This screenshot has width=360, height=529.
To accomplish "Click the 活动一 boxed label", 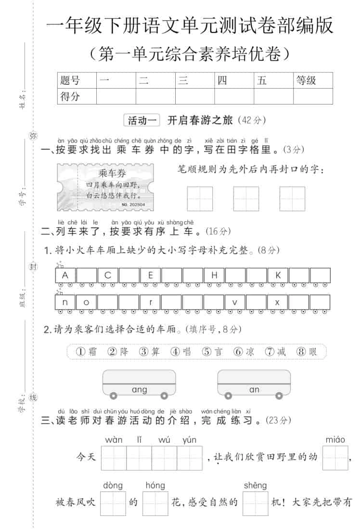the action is pyautogui.click(x=142, y=121).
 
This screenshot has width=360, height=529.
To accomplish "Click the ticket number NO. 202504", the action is pyautogui.click(x=133, y=205).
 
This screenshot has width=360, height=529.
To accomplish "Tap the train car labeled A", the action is pyautogui.click(x=65, y=275).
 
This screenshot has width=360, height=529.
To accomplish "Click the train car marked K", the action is pyautogui.click(x=278, y=275).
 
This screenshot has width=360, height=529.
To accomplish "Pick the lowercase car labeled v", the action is pyautogui.click(x=235, y=302).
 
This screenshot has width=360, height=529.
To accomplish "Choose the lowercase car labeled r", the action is pyautogui.click(x=151, y=302).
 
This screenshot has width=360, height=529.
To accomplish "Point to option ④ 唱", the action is pyautogui.click(x=181, y=351).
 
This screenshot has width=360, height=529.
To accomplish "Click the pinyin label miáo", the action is pyautogui.click(x=335, y=439).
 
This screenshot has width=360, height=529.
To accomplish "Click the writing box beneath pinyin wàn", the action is pyautogui.click(x=114, y=458).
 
